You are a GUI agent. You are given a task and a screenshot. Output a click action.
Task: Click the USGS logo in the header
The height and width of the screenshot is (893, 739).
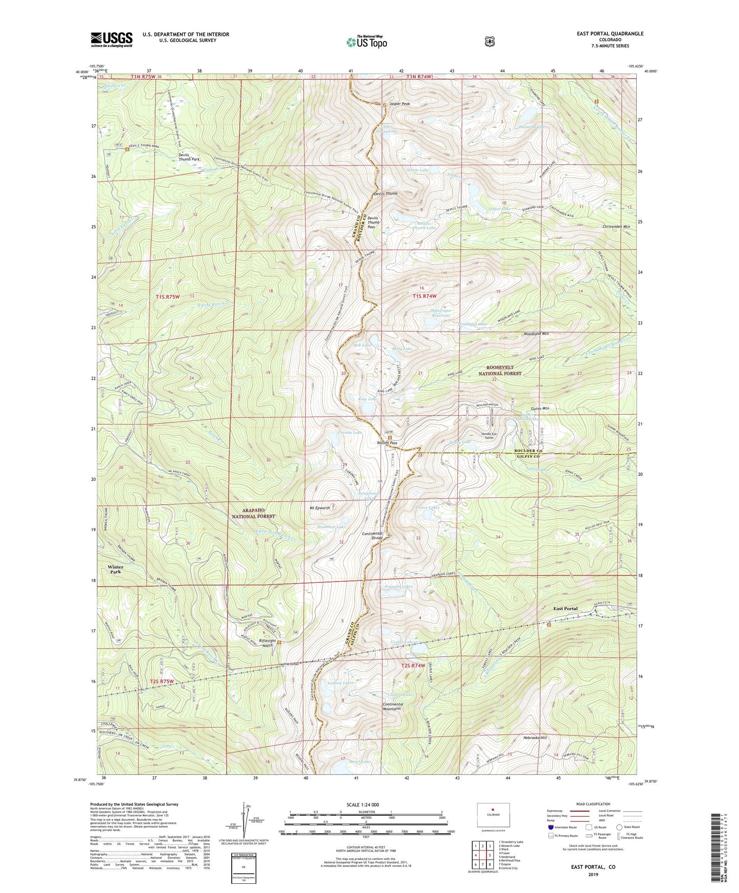(x=111, y=39)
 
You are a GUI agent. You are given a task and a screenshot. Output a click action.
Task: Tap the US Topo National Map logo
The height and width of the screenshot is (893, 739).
(x=366, y=41)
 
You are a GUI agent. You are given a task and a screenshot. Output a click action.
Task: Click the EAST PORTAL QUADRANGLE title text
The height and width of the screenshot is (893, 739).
(x=610, y=34)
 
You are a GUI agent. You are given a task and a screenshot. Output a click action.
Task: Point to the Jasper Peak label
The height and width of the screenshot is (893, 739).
(x=399, y=104)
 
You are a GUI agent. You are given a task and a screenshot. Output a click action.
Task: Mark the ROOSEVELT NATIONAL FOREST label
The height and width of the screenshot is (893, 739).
(x=504, y=370)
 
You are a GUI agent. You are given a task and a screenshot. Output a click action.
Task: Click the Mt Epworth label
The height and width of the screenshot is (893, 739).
(x=320, y=508)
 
